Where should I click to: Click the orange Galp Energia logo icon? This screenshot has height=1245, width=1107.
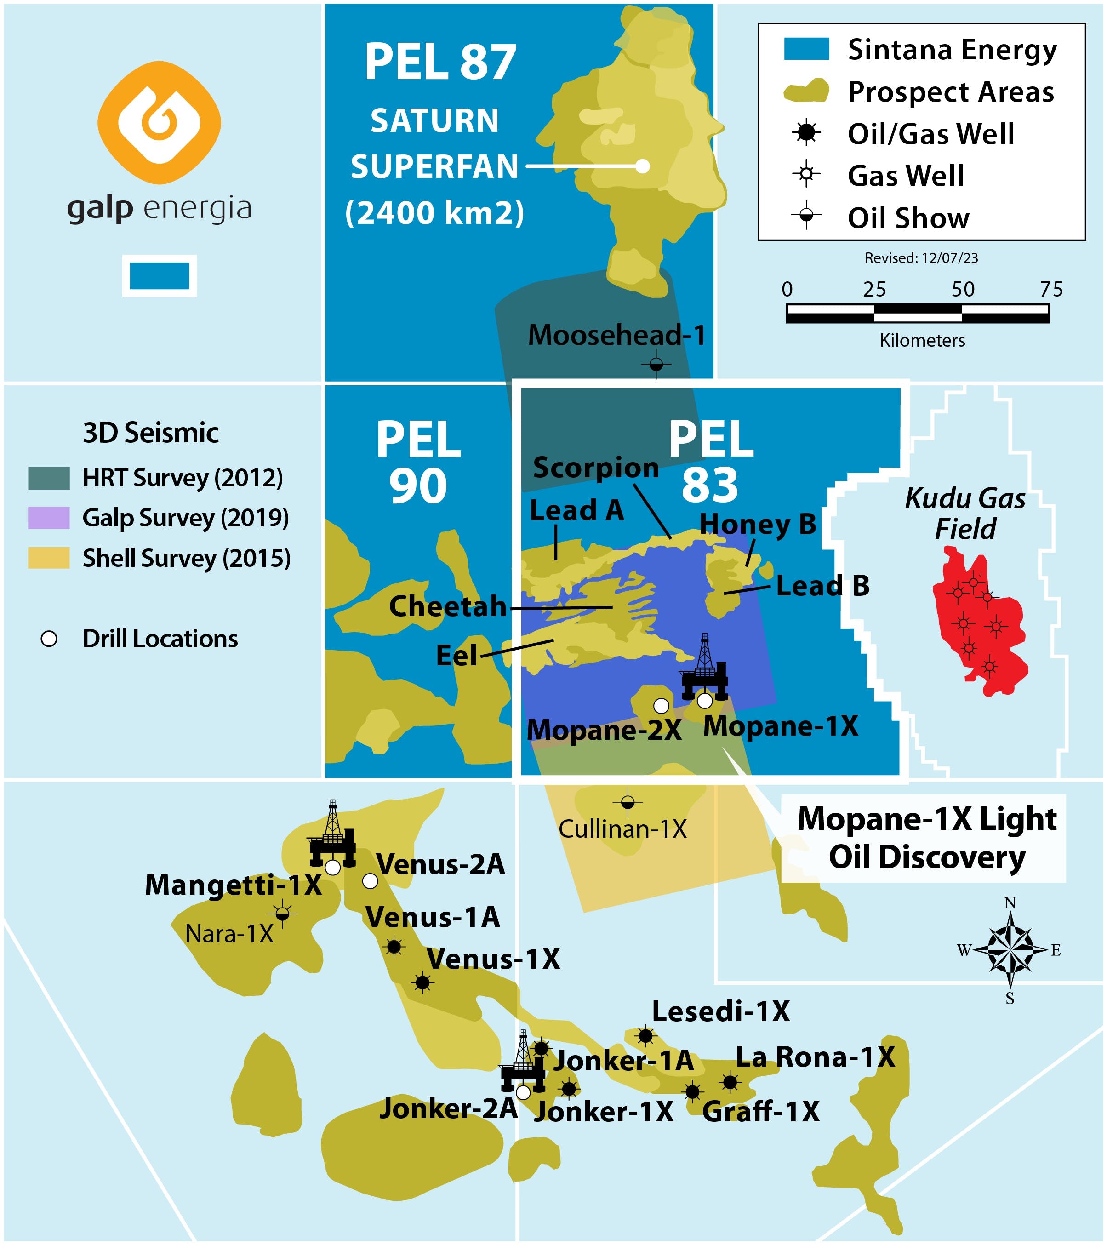(160, 122)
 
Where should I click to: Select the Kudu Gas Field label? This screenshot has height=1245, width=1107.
(965, 513)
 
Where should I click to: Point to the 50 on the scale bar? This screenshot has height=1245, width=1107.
(963, 289)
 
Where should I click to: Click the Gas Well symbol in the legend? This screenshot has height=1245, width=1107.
(806, 175)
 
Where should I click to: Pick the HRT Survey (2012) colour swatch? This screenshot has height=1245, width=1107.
(49, 478)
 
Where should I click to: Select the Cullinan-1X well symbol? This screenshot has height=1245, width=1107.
(628, 803)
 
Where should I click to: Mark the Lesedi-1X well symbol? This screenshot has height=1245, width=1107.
(645, 1035)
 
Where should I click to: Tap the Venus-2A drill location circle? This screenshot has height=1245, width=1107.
(370, 881)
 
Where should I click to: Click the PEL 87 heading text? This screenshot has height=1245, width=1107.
(440, 63)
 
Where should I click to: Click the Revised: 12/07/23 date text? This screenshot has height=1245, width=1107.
(921, 258)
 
